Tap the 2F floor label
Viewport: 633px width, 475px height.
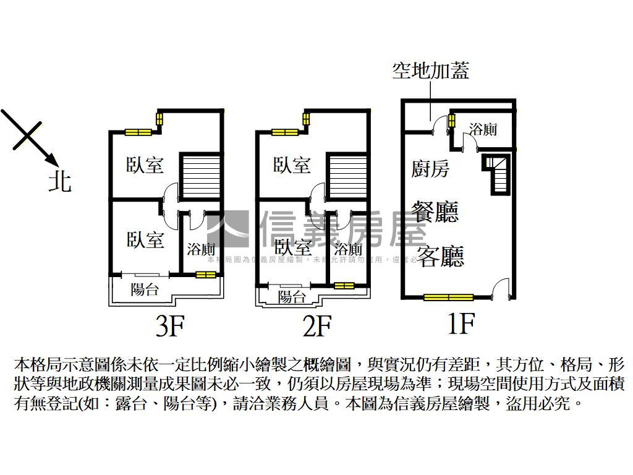317,325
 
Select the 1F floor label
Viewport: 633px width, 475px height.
461,323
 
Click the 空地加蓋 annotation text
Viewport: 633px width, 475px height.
431,71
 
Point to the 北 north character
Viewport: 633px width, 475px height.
60,181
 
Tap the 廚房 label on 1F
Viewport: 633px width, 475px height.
430,168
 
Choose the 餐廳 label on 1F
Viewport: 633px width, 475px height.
437,212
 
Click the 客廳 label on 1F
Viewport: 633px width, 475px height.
440,255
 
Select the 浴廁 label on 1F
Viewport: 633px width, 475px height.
483,130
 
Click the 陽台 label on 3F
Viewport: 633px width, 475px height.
145,289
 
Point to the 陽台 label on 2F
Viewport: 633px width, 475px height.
292,296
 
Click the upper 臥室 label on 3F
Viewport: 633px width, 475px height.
145,165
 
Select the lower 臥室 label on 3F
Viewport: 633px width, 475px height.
145,239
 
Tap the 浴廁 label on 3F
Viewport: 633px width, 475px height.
201,249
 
